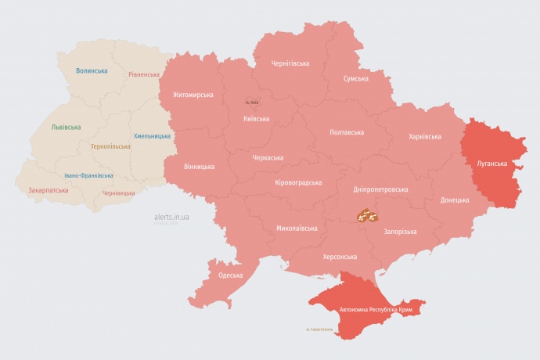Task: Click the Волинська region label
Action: (x=92, y=71)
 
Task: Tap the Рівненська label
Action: (x=146, y=75)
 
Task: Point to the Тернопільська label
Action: (x=111, y=146)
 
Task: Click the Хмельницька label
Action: (x=152, y=136)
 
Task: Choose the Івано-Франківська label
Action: (x=88, y=176)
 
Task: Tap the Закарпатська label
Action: (x=48, y=190)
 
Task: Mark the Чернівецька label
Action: (x=119, y=193)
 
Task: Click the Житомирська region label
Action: (x=188, y=95)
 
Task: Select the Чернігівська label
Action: (x=290, y=63)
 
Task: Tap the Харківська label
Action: (x=424, y=137)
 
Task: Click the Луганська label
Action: (x=491, y=164)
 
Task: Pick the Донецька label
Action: (x=454, y=200)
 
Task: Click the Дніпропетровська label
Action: (x=380, y=189)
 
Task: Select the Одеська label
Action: (x=230, y=275)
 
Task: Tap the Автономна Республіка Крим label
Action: (x=376, y=311)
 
